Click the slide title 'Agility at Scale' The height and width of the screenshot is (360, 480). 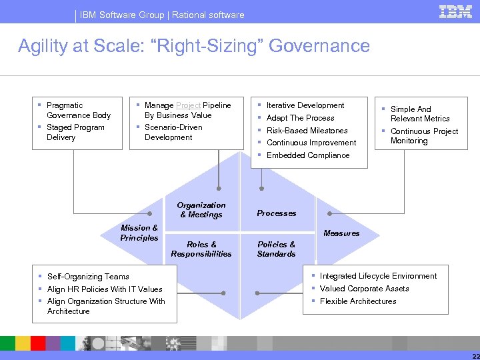(x=193, y=46)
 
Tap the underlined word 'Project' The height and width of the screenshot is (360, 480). (x=189, y=105)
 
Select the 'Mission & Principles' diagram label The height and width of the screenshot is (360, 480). (x=139, y=233)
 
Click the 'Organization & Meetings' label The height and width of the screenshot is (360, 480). (x=201, y=210)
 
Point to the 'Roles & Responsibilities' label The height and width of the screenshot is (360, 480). (x=201, y=249)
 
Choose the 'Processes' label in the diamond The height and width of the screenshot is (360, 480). (x=277, y=213)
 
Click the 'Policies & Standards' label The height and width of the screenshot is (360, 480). (x=277, y=249)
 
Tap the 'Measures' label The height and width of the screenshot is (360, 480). (x=341, y=233)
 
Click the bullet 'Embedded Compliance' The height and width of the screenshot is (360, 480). (x=307, y=155)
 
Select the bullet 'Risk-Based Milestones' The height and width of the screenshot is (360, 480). (x=307, y=131)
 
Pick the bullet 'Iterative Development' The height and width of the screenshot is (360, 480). (x=305, y=105)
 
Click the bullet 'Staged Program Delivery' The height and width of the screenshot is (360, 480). (x=75, y=132)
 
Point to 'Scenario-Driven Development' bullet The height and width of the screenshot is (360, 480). (x=173, y=132)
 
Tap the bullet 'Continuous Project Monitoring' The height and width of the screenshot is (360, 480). (x=424, y=136)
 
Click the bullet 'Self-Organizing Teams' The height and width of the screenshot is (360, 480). (x=88, y=277)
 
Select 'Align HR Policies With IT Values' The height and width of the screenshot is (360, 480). (x=105, y=289)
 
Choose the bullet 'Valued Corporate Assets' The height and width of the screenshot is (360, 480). (x=364, y=289)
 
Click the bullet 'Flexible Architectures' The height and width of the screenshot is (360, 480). (x=358, y=301)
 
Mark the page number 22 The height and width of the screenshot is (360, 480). (x=473, y=355)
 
